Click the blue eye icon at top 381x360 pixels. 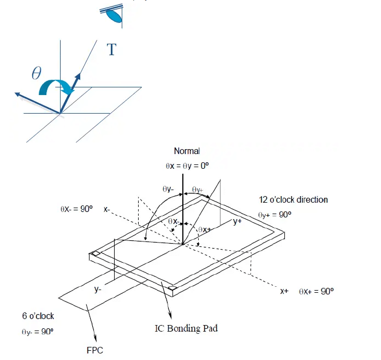(x=113, y=15)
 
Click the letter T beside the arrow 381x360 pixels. (x=111, y=50)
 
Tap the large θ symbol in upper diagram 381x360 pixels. (x=37, y=73)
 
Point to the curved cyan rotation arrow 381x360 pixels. (x=57, y=86)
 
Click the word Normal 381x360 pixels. (x=187, y=151)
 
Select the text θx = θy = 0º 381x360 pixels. (x=187, y=164)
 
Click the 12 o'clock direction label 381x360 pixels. (x=294, y=199)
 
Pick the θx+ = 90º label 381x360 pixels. (x=316, y=291)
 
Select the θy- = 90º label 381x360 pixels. (x=38, y=331)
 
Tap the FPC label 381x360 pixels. (x=94, y=350)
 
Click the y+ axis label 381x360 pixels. (x=237, y=221)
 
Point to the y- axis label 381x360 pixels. (x=98, y=290)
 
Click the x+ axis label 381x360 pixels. (x=284, y=291)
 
